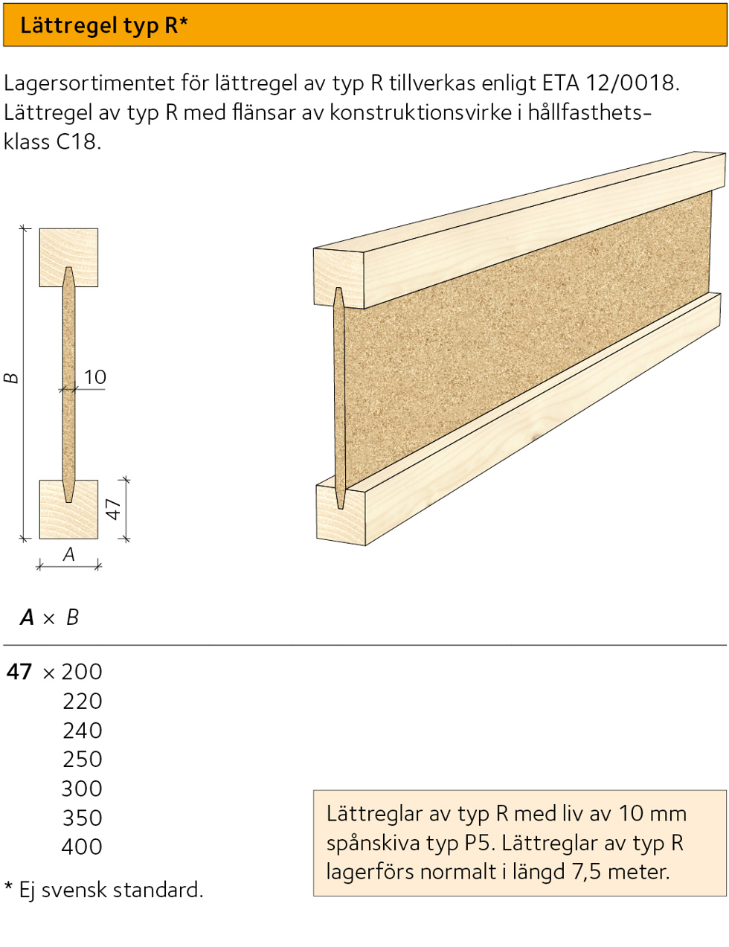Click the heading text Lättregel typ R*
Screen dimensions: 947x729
(x=103, y=25)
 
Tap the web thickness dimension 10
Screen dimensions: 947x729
(x=95, y=377)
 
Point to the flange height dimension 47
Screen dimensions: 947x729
(x=113, y=510)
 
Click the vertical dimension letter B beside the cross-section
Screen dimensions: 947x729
(x=11, y=378)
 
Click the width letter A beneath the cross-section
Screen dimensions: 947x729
(x=69, y=554)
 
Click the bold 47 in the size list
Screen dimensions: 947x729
(x=19, y=672)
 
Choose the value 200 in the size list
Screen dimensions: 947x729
(x=82, y=672)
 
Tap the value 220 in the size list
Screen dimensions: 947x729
(x=82, y=701)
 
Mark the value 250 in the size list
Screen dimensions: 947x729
(x=82, y=760)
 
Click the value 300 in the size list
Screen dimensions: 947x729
(x=82, y=789)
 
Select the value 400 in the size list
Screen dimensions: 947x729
(x=82, y=847)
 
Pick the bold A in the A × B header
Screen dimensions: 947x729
(x=28, y=617)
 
